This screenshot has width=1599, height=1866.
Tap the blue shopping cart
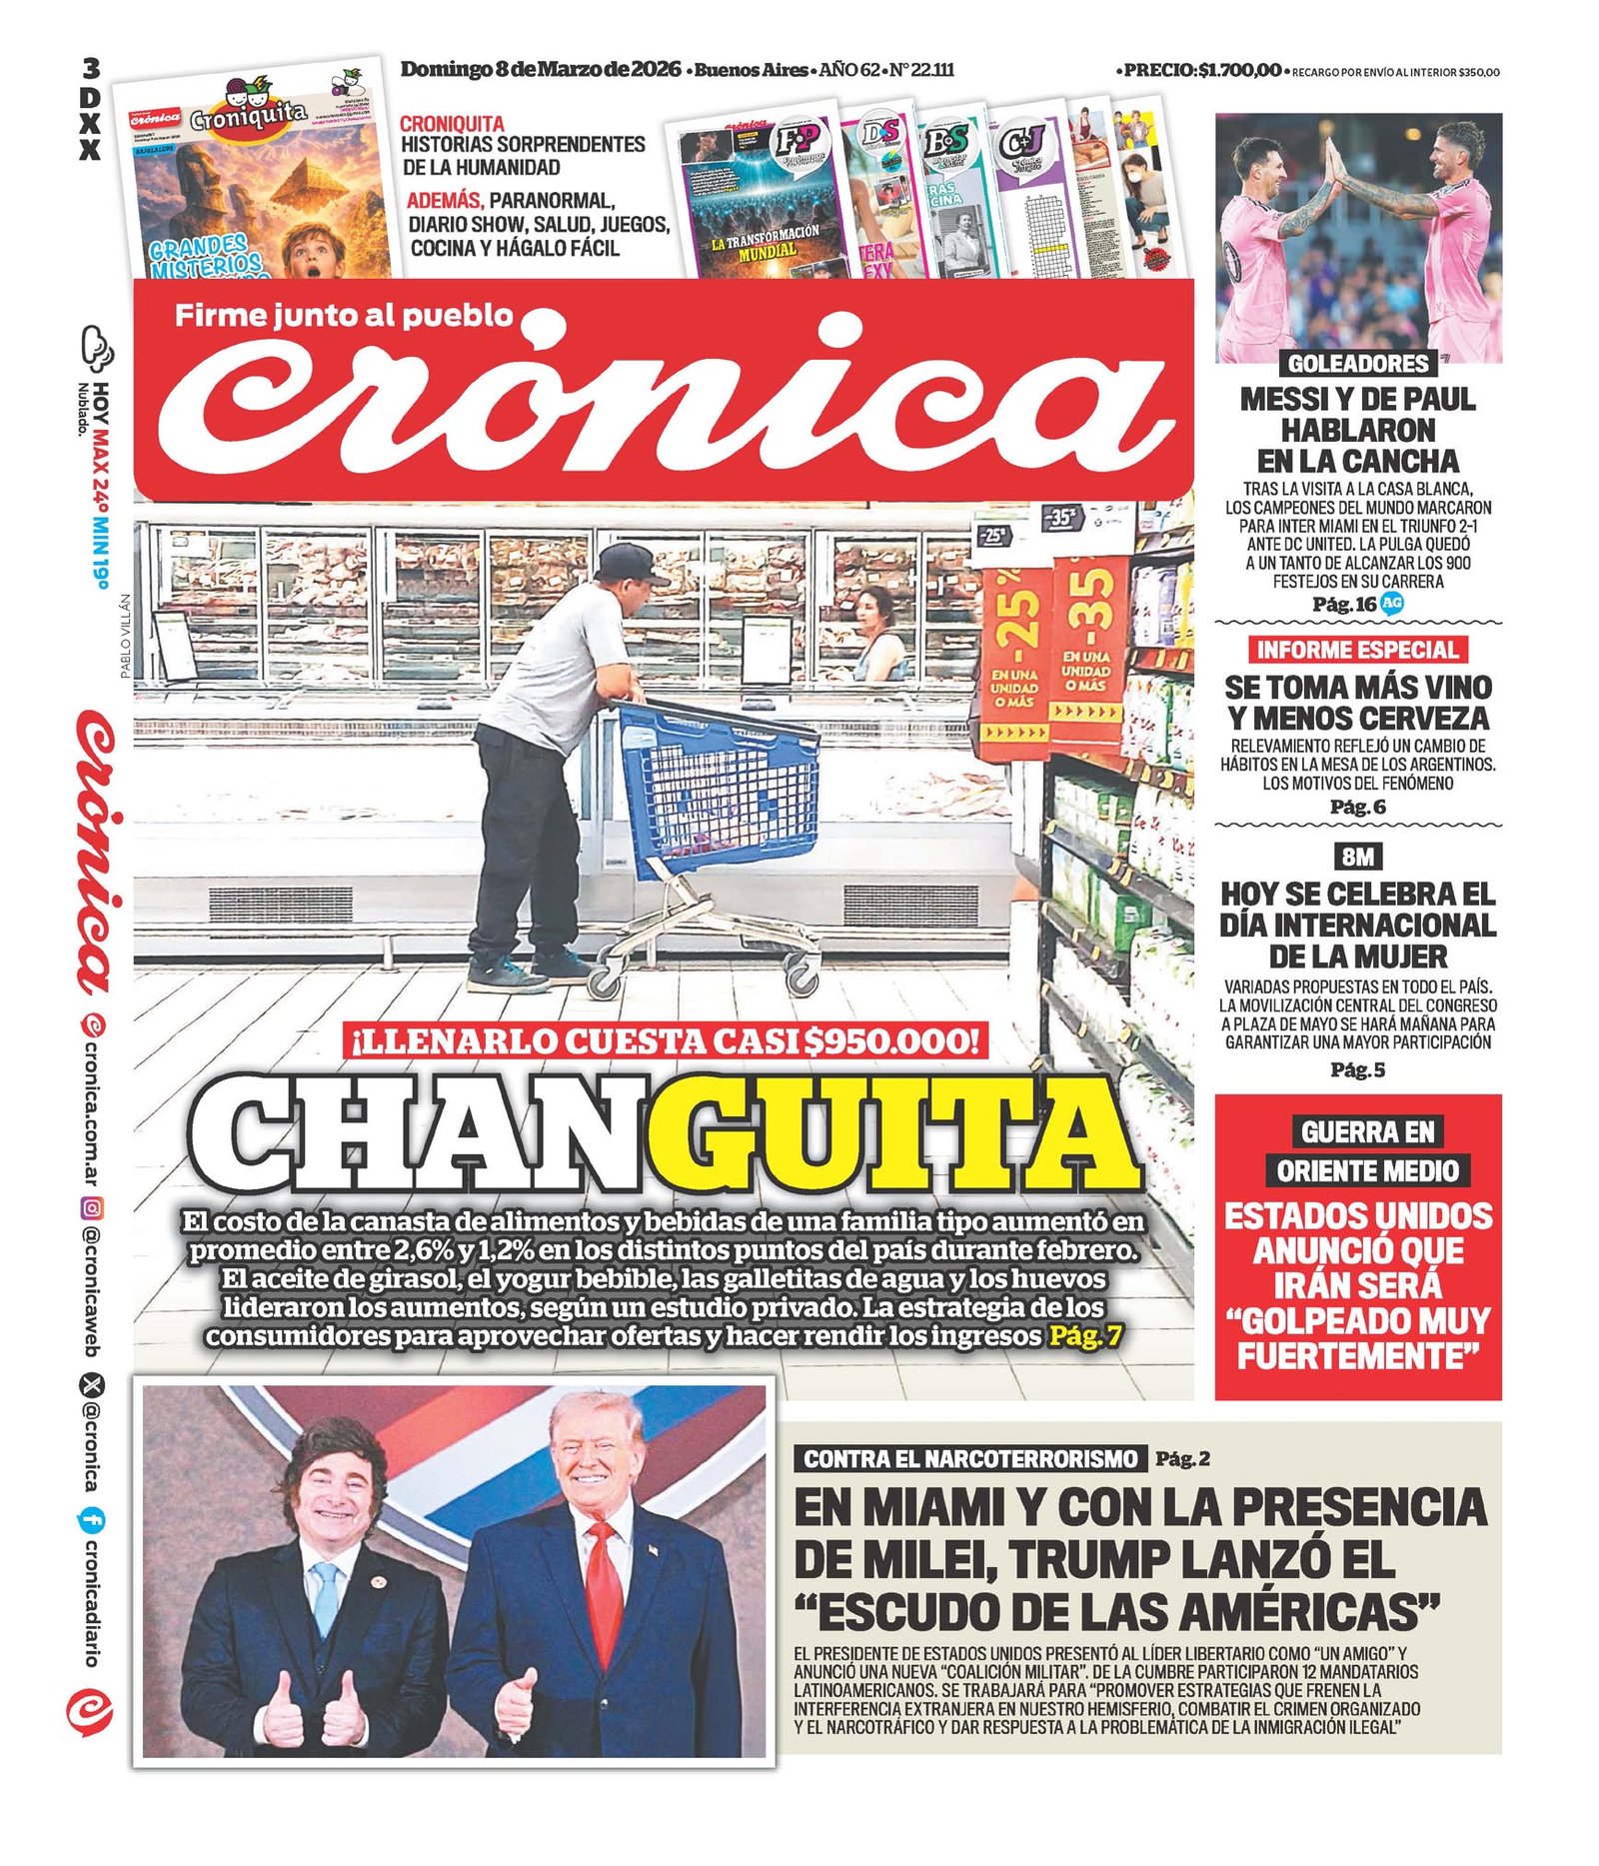click(x=717, y=782)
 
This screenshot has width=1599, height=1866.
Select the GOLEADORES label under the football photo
click(x=1357, y=364)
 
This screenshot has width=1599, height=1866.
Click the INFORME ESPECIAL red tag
click(x=1357, y=650)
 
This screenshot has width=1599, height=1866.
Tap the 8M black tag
click(x=1357, y=857)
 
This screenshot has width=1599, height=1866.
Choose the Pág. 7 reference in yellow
click(x=1084, y=1335)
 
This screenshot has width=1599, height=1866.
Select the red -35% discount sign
click(x=1088, y=640)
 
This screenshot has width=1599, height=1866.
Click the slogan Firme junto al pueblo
click(x=344, y=316)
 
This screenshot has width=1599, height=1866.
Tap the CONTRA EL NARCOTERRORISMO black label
click(x=969, y=1459)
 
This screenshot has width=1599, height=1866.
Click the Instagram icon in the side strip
click(x=91, y=1208)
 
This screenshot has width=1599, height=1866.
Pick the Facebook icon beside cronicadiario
click(x=90, y=1521)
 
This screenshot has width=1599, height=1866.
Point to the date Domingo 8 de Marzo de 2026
click(x=540, y=70)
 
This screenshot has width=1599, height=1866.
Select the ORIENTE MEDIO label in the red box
click(x=1366, y=1171)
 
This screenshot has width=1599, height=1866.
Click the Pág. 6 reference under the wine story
click(x=1356, y=807)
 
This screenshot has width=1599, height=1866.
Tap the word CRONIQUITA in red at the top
click(x=452, y=124)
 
